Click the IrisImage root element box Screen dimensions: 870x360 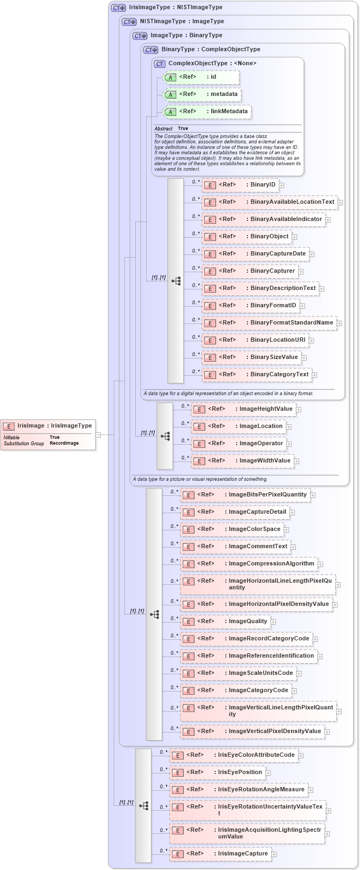tap(47, 426)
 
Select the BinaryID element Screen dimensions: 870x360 tap(240, 185)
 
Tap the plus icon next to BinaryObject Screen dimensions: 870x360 tap(295, 237)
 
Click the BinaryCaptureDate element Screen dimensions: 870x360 tap(255, 254)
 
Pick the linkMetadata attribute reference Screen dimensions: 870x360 tap(207, 112)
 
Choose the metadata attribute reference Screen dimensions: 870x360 tap(202, 94)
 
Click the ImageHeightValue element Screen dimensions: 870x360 tap(244, 409)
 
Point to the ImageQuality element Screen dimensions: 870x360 tap(225, 622)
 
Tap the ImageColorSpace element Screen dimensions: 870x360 tap(232, 529)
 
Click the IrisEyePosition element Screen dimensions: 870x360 tap(218, 772)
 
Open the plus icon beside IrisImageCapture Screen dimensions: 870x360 tap(274, 854)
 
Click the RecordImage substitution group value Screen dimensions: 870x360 tap(64, 443)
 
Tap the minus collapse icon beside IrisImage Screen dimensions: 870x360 tap(98, 434)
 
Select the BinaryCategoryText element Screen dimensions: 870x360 tap(257, 375)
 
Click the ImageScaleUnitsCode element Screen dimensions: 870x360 tap(238, 673)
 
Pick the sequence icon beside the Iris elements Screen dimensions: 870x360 tap(143, 806)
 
